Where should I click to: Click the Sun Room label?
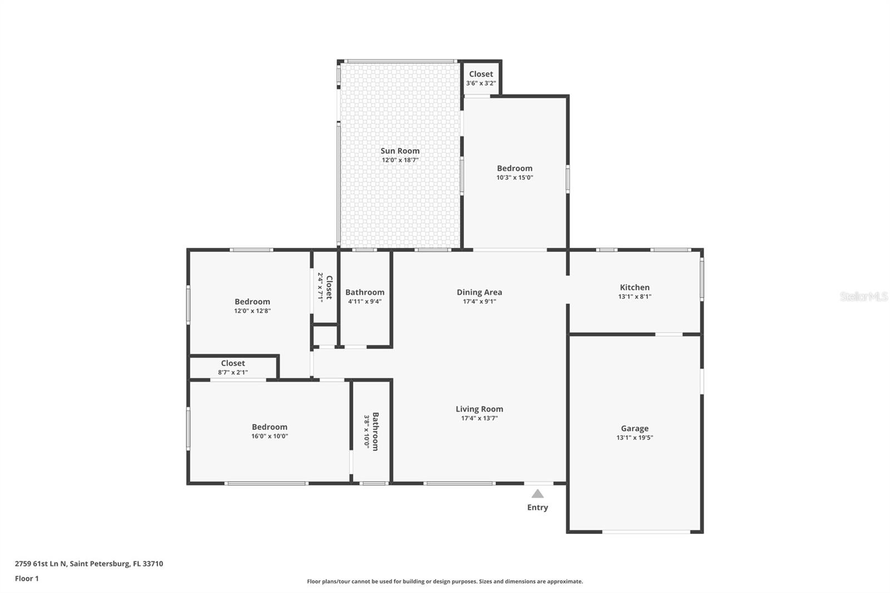400,151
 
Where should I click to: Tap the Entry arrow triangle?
537,493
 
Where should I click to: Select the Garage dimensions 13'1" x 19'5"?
635,438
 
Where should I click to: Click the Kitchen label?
635,287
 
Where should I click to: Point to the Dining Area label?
479,292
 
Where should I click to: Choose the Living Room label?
479,409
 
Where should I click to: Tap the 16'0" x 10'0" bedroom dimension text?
269,436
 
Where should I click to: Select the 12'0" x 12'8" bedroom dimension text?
252,311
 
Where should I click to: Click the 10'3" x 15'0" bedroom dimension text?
515,177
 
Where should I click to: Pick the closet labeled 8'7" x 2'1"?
233,367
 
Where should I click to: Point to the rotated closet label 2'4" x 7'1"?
325,287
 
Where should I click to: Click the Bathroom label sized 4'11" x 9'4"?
365,296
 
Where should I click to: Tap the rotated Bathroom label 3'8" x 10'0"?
372,431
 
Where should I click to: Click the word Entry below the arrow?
537,507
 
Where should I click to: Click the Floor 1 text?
27,579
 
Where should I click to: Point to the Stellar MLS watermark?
863,296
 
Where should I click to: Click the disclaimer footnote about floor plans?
445,581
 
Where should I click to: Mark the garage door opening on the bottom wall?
646,532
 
